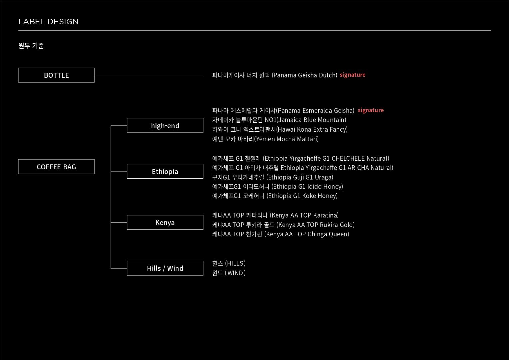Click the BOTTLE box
[x=56, y=75]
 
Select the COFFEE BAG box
[x=56, y=167]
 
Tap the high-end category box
[x=165, y=126]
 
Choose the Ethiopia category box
[x=165, y=171]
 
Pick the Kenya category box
[x=165, y=222]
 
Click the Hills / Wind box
[x=165, y=268]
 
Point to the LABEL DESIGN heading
[x=48, y=22]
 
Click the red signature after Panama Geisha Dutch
[x=352, y=75]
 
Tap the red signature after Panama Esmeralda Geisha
[x=370, y=110]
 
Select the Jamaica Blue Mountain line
[x=279, y=120]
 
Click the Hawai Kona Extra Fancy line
[x=280, y=129]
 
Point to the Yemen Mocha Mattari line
[x=265, y=139]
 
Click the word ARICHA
[x=361, y=168]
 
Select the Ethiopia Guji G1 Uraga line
[x=272, y=177]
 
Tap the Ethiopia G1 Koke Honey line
[x=275, y=196]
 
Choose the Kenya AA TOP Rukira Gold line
[x=283, y=225]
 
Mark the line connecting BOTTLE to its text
[x=149, y=75]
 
